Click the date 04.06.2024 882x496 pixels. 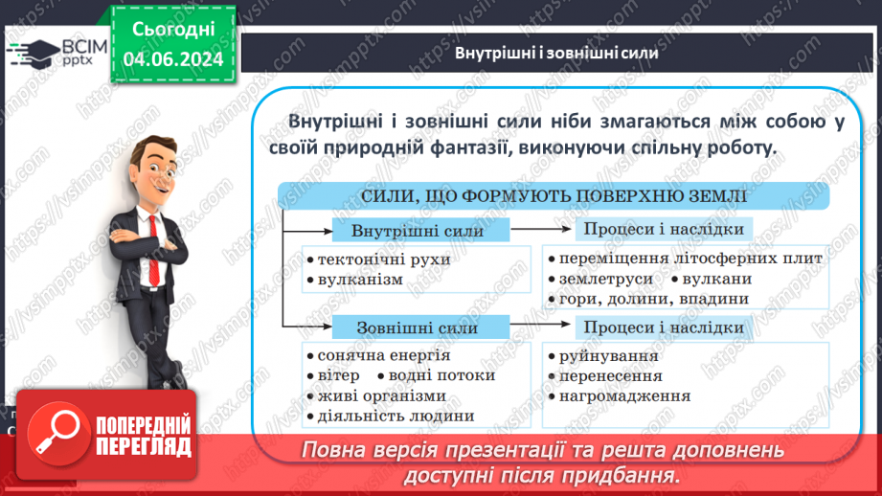pyautogui.click(x=173, y=59)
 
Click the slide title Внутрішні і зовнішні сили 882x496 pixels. pyautogui.click(x=556, y=54)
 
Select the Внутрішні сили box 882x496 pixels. pyautogui.click(x=418, y=232)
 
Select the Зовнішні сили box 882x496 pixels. pyautogui.click(x=418, y=328)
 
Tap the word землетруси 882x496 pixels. pyautogui.click(x=605, y=279)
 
